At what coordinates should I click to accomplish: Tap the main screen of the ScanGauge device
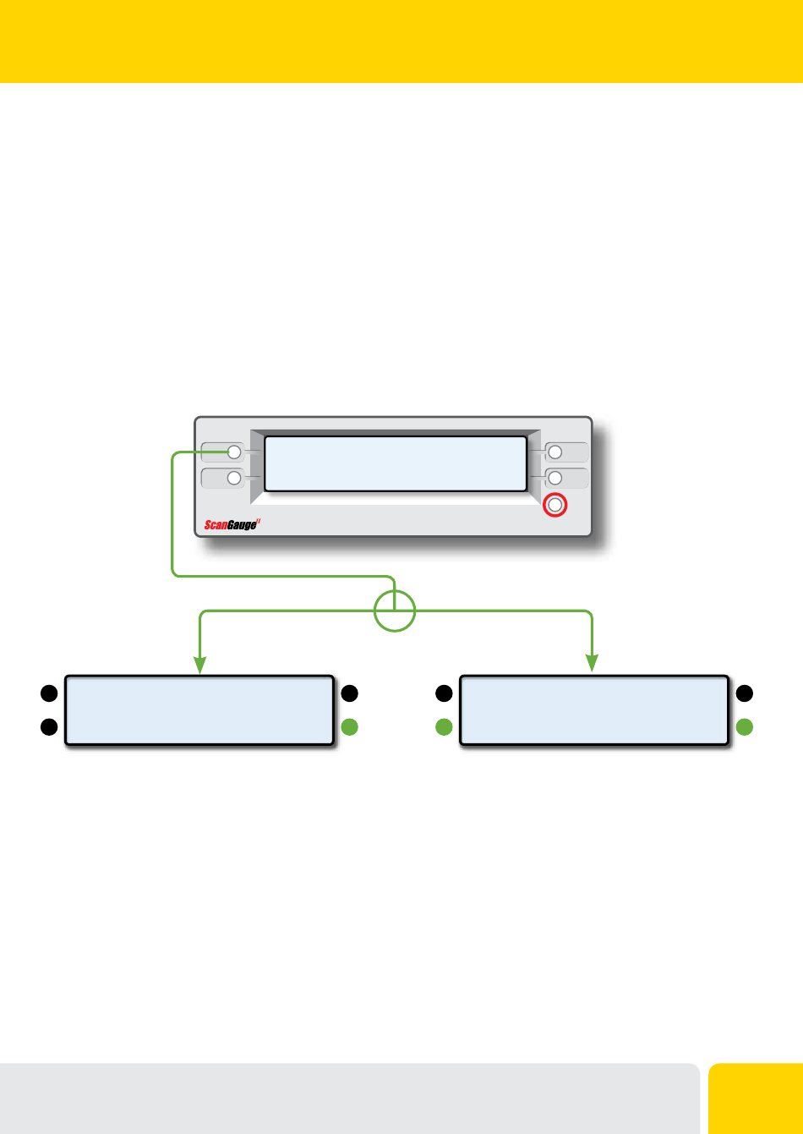pos(395,463)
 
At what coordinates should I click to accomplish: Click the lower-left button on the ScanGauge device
pos(233,478)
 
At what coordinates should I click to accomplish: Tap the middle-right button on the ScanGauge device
pos(555,479)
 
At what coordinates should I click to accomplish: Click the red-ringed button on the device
pos(554,505)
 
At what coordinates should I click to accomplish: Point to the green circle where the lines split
pos(395,611)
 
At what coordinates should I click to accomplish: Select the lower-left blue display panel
pos(199,709)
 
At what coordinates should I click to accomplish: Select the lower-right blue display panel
pos(593,709)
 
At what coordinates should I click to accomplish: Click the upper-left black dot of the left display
pos(48,693)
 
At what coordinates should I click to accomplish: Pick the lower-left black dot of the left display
pos(48,726)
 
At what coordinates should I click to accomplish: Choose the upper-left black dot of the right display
pos(442,693)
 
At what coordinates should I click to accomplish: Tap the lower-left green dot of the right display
pos(442,726)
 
